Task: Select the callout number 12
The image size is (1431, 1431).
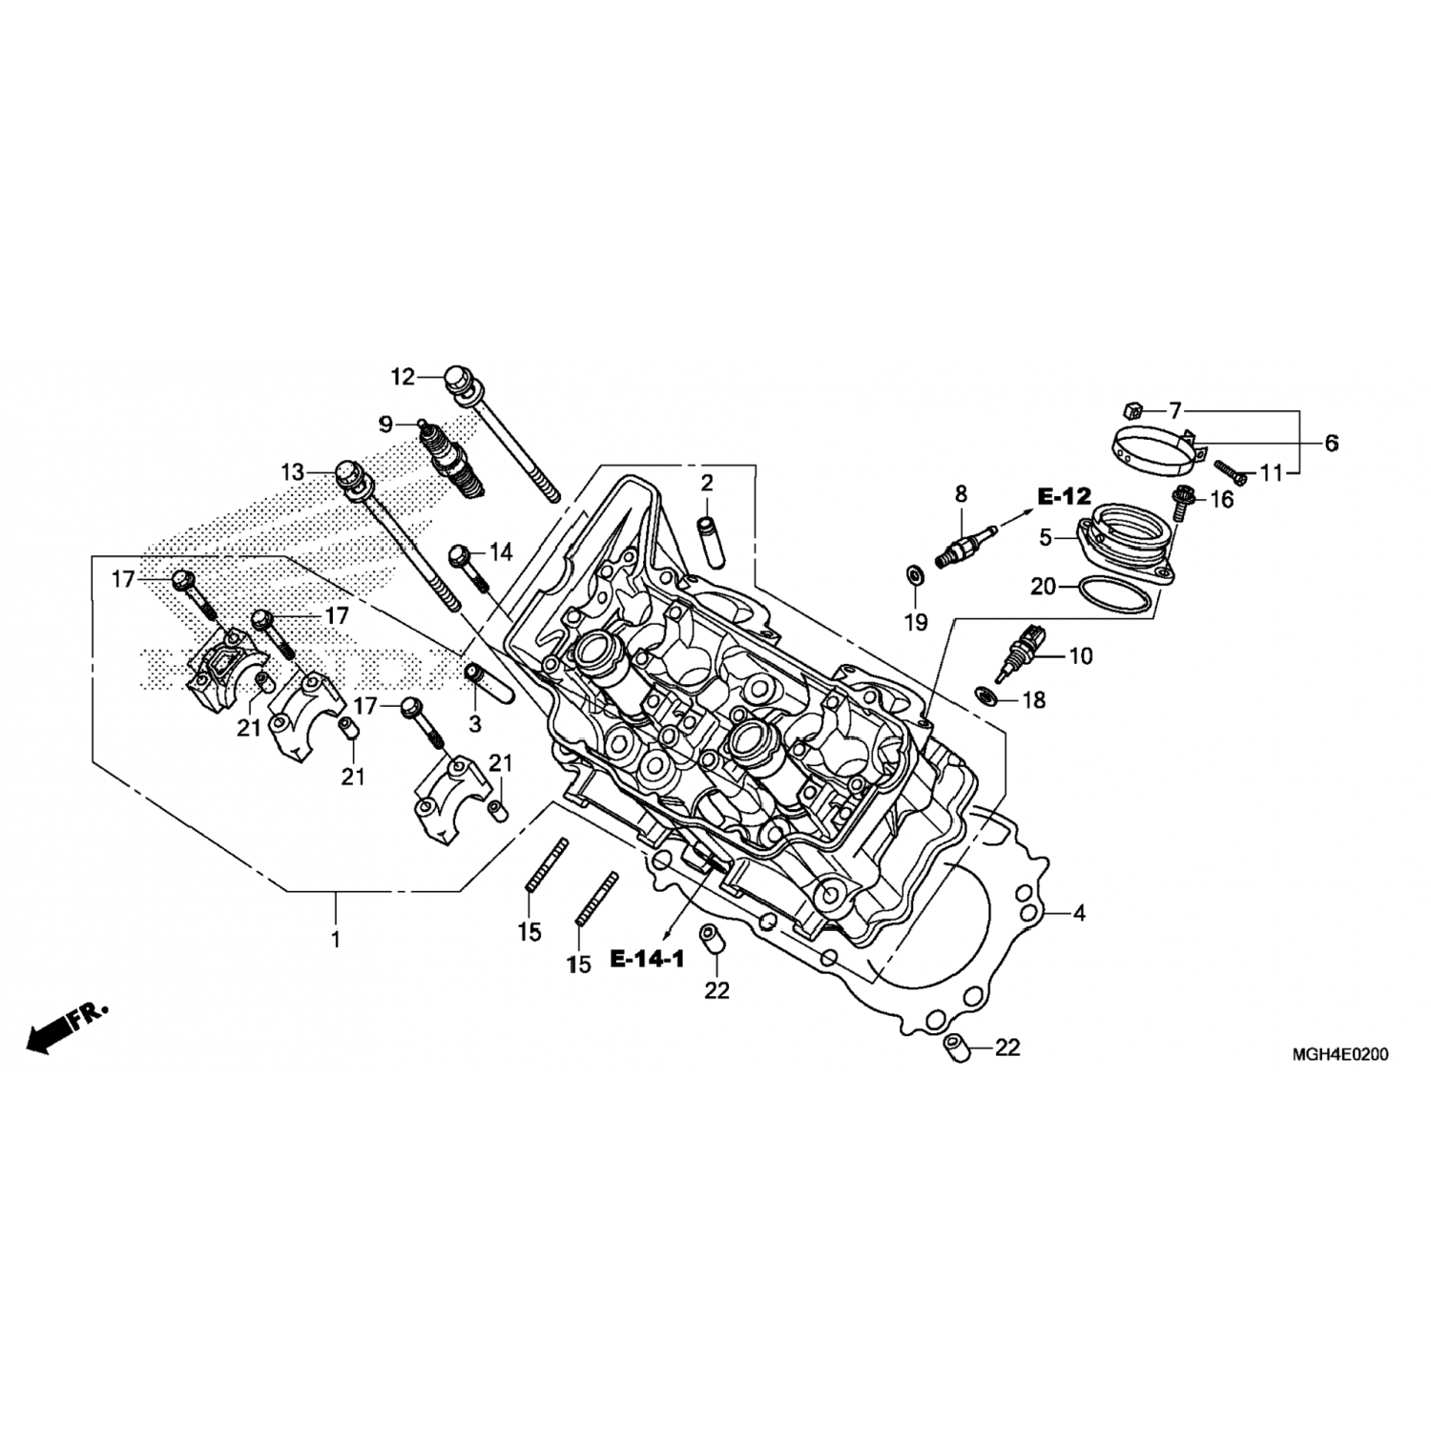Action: (403, 378)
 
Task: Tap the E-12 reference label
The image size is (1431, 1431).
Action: (1064, 496)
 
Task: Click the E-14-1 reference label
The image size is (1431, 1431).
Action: (648, 959)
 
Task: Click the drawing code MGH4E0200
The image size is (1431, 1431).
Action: (1339, 1054)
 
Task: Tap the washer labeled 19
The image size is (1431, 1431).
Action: (913, 575)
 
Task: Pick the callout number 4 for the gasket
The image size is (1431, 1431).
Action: (1079, 913)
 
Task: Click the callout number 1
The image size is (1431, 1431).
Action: (335, 939)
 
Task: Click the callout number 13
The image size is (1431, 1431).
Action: (292, 472)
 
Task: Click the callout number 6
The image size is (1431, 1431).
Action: (1331, 443)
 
